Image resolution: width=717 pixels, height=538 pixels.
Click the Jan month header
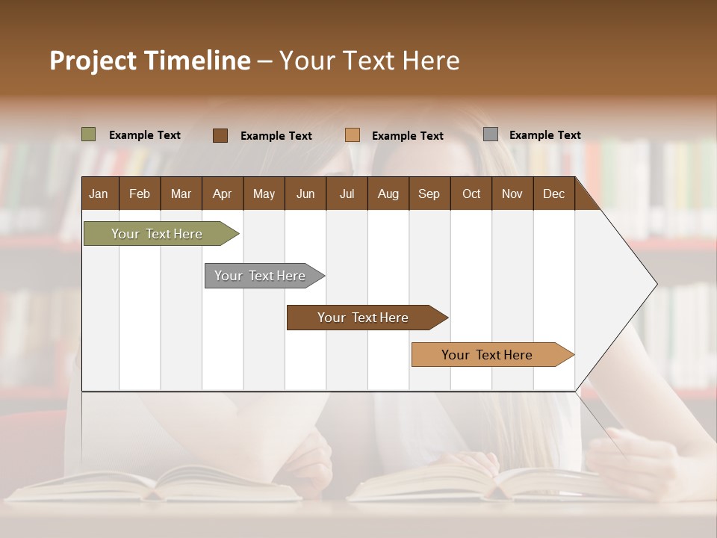(99, 194)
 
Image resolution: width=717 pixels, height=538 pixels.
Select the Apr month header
(222, 194)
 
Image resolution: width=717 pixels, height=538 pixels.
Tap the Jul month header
(347, 194)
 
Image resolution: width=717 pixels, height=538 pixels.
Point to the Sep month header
(429, 194)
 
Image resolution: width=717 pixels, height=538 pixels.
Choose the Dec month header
(553, 194)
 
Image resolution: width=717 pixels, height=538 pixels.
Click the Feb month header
(140, 194)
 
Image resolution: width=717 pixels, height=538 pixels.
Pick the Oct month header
(471, 194)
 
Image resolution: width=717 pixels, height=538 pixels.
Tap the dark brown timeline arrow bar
(364, 318)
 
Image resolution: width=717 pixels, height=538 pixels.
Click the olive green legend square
(89, 134)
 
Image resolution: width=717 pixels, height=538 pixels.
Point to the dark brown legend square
(220, 135)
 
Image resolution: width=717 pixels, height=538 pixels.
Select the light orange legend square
(353, 135)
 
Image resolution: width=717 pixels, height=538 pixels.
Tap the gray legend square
(491, 134)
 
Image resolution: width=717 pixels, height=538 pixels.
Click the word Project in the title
(93, 61)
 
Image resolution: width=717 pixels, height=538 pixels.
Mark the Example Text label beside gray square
(544, 135)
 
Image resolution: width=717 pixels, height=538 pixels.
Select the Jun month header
(305, 194)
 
